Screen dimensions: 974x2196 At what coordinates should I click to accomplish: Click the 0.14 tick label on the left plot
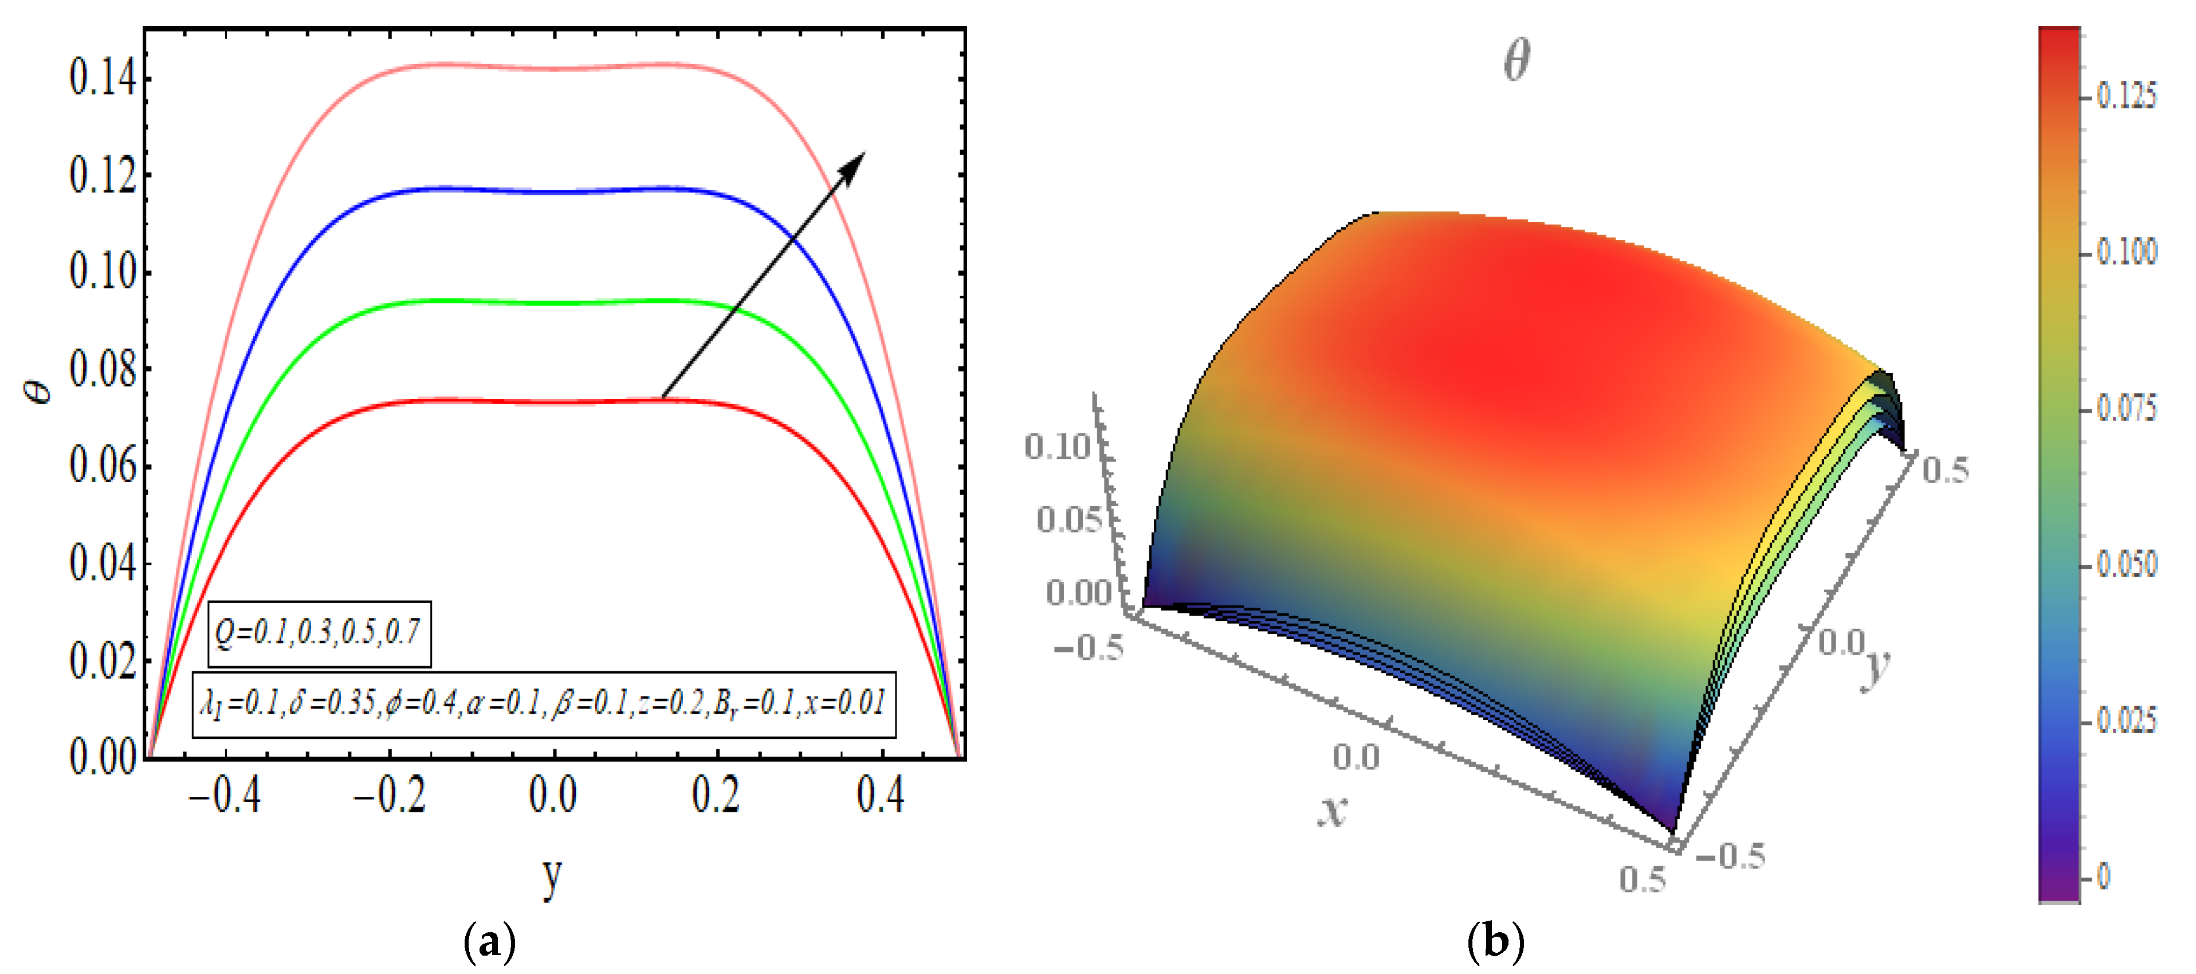[x=103, y=79]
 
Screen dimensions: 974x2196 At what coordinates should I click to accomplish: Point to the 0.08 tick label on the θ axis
[x=103, y=370]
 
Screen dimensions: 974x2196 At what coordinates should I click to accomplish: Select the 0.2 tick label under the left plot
[x=716, y=795]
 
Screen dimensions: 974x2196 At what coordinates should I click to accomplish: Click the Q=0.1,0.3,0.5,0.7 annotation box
[x=319, y=633]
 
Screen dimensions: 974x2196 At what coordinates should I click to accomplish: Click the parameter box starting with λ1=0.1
[x=544, y=705]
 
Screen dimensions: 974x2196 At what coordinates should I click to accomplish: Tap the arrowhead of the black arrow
[x=855, y=162]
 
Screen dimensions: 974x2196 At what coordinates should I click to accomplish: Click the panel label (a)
[x=489, y=942]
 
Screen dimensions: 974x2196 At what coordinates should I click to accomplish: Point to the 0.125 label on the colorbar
[x=2126, y=96]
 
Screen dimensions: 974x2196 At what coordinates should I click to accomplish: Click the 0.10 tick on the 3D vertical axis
[x=1057, y=446]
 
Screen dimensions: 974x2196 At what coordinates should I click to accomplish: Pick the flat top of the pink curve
[x=554, y=68]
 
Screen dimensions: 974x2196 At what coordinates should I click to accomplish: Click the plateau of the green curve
[x=554, y=302]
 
